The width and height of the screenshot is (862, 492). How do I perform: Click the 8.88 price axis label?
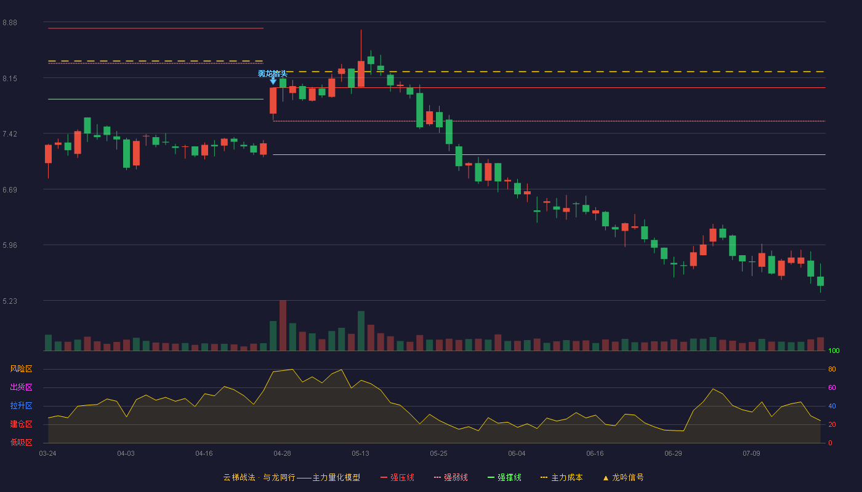[x=10, y=23]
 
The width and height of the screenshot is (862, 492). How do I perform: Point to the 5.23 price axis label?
[x=10, y=301]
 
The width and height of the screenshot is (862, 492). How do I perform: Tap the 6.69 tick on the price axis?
[x=10, y=190]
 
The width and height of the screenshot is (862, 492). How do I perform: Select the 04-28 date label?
[x=282, y=454]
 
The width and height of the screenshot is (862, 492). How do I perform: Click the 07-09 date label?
[x=751, y=454]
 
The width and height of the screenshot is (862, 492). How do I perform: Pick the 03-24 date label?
[x=48, y=454]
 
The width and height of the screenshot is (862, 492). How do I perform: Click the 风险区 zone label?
[x=21, y=369]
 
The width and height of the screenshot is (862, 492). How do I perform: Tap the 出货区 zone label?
[x=21, y=387]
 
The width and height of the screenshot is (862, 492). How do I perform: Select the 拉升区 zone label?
[x=21, y=405]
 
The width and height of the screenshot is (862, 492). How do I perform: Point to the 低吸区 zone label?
[x=21, y=442]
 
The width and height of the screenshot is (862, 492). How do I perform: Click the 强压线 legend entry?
[x=397, y=477]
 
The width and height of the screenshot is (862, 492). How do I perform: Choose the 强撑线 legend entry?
[x=504, y=477]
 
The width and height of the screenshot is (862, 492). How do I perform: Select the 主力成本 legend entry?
[x=562, y=477]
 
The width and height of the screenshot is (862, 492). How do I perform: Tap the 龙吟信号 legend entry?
[x=623, y=477]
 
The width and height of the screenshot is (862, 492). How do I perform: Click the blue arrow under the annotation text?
[x=273, y=81]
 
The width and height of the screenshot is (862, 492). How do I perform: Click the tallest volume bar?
[x=283, y=325]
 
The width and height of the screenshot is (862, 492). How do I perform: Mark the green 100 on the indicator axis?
[x=834, y=351]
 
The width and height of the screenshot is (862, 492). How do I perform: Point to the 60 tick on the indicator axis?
[x=832, y=387]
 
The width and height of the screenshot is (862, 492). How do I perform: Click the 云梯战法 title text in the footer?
[x=239, y=477]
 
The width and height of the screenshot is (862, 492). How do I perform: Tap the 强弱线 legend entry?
[x=451, y=477]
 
